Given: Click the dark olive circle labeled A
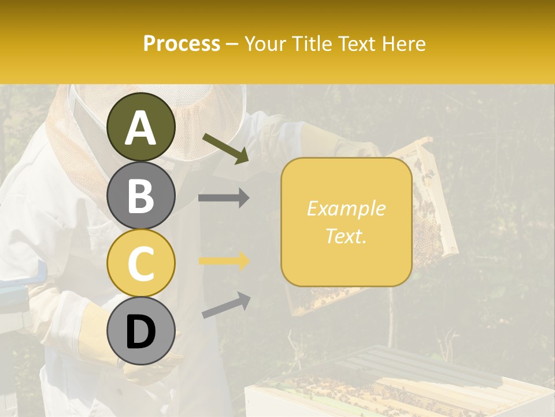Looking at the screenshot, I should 141,127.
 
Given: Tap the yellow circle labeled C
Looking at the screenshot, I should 141,264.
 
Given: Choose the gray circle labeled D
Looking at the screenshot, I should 141,331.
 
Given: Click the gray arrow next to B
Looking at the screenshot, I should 224,197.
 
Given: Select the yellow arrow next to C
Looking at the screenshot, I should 224,261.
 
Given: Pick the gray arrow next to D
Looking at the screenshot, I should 226,305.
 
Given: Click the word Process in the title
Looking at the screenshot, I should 182,43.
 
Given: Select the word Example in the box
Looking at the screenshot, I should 346,209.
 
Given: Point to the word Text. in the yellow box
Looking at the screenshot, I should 346,236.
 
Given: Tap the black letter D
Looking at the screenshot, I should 141,332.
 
